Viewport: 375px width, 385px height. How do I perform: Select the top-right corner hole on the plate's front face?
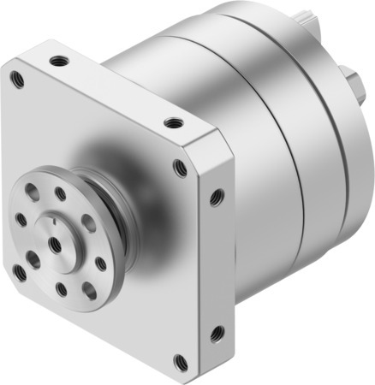pyautogui.click(x=180, y=169)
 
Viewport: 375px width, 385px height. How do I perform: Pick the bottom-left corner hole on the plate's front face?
pyautogui.click(x=19, y=272)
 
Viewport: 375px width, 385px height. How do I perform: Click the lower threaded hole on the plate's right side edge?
pyautogui.click(x=216, y=330)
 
